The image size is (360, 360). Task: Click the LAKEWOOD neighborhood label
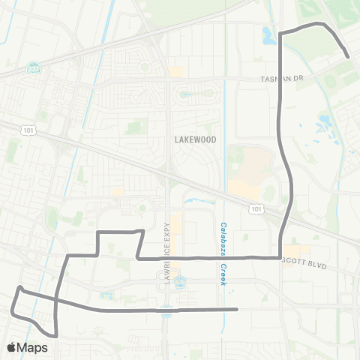195,139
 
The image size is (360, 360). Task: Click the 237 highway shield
33,65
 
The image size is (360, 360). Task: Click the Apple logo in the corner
11,347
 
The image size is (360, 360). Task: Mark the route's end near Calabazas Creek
236,309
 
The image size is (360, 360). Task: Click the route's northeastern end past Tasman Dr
349,56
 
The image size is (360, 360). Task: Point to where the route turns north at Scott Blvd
280,256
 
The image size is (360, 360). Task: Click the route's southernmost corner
55,334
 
